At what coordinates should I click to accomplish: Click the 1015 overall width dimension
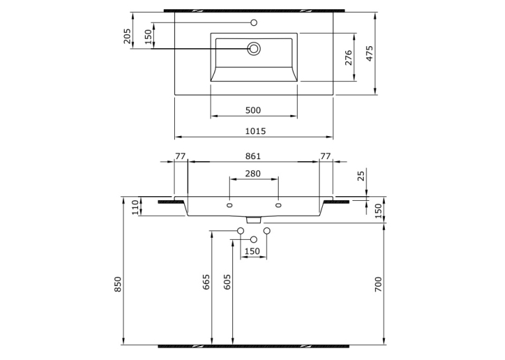coord(255,131)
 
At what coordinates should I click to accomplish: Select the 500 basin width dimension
coord(253,110)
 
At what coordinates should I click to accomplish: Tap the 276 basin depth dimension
coord(349,57)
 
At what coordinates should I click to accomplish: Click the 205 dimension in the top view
coord(127,36)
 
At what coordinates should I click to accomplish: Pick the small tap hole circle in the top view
coord(253,22)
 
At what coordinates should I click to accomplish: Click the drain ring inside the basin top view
coord(253,49)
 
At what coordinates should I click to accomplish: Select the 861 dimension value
coord(253,157)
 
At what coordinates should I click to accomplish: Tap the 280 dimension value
coord(253,174)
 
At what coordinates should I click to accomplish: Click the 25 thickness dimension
coord(361,176)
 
